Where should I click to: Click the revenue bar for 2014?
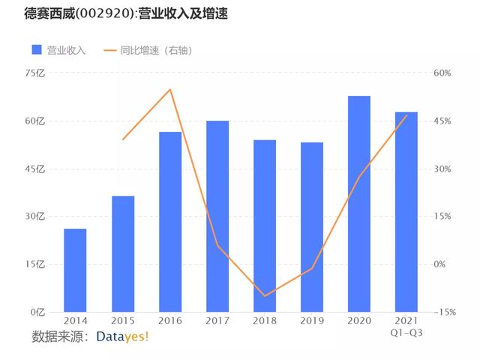pos(75,270)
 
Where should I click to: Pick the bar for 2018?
pos(265,226)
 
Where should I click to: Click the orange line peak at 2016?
pos(170,90)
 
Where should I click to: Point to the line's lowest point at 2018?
pos(265,295)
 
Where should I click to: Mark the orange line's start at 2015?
pos(123,139)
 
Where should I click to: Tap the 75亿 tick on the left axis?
pos(35,73)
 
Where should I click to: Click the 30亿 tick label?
pos(35,217)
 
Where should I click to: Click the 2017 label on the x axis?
pos(217,322)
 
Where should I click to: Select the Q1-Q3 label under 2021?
pos(406,333)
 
